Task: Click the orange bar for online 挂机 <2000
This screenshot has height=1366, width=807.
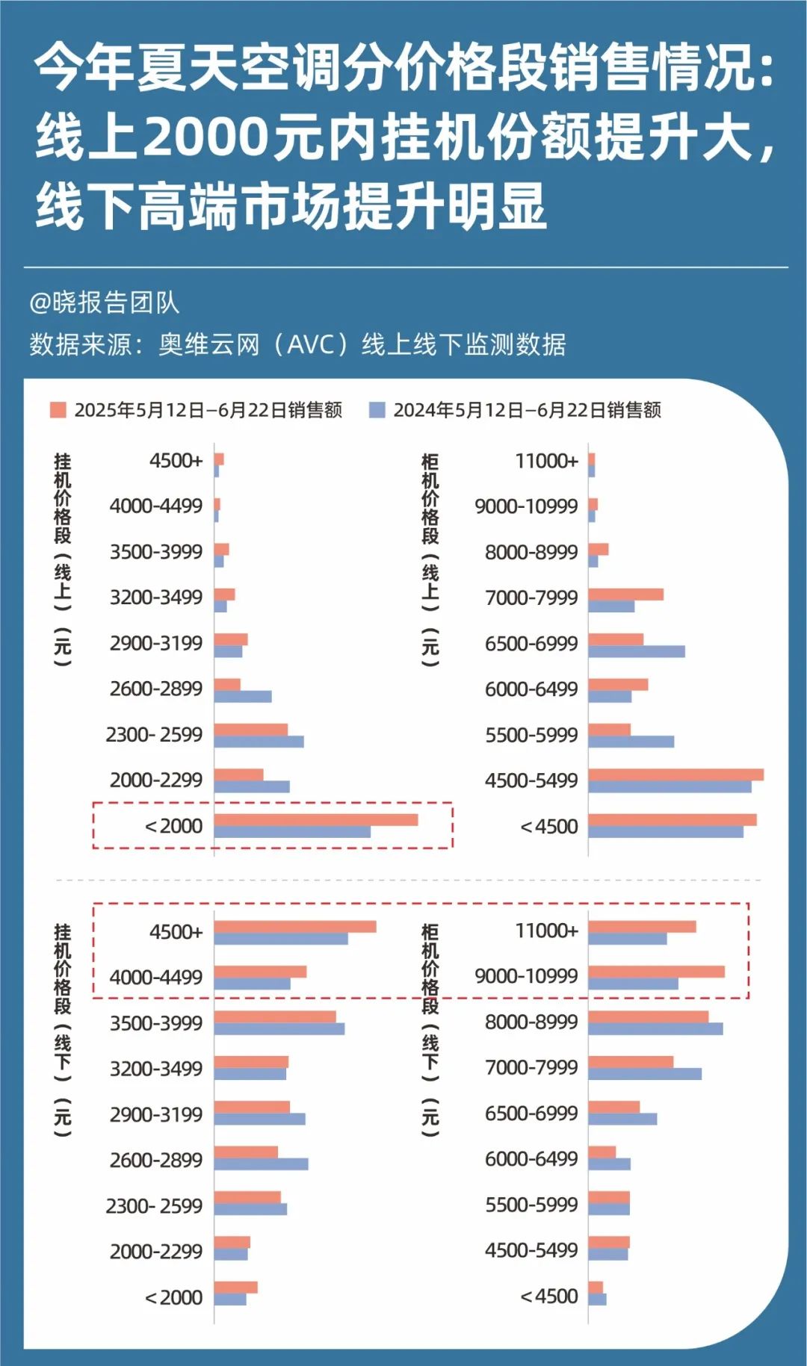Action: click(x=315, y=819)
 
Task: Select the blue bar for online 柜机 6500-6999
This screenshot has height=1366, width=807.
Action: click(x=636, y=651)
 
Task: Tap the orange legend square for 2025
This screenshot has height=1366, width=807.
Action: click(x=58, y=409)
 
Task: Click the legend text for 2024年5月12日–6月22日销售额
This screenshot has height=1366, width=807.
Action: click(x=527, y=410)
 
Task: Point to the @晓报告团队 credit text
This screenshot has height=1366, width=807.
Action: click(x=104, y=302)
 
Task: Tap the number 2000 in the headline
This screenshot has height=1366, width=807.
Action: click(x=205, y=137)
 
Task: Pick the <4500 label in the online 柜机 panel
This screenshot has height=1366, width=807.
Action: click(x=548, y=826)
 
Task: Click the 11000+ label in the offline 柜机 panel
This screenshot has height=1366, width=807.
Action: click(x=546, y=931)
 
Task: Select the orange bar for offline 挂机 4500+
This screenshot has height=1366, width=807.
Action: click(x=294, y=926)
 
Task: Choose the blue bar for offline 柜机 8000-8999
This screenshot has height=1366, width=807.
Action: click(x=655, y=1028)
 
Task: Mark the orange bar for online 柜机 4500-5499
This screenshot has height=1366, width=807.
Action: click(x=675, y=774)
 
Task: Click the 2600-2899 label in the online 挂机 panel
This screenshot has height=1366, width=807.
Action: click(x=155, y=688)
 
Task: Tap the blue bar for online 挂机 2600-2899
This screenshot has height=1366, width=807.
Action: click(x=242, y=696)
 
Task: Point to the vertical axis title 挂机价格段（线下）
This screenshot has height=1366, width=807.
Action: click(x=63, y=1031)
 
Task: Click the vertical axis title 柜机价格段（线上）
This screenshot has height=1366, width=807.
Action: click(x=430, y=560)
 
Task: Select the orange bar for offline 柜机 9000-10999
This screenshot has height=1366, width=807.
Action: click(x=656, y=971)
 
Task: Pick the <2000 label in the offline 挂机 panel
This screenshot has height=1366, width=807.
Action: click(x=173, y=1297)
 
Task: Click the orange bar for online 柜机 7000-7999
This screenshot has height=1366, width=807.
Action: click(x=625, y=594)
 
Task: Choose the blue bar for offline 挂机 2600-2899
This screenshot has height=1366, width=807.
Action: click(x=261, y=1164)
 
